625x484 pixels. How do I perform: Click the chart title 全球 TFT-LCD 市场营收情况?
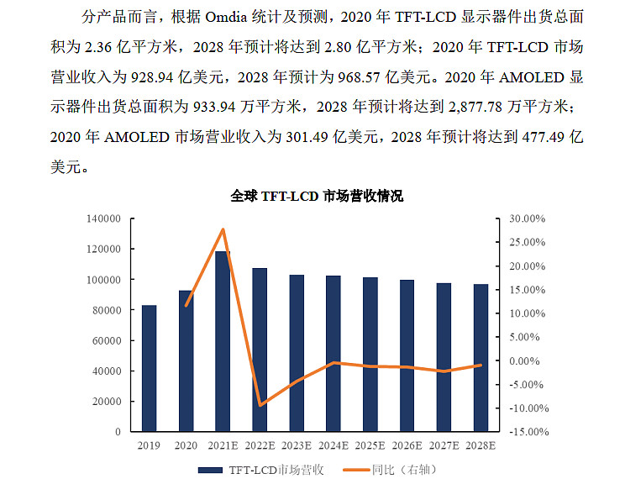click(x=317, y=197)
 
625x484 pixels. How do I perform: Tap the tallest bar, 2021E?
click(x=223, y=341)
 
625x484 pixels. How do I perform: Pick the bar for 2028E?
click(x=480, y=358)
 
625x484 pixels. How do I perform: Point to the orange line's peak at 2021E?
click(x=223, y=229)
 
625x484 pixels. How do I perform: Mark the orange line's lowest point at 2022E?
click(x=260, y=405)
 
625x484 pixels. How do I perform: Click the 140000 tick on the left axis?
click(x=109, y=218)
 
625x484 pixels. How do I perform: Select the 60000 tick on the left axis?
click(x=112, y=340)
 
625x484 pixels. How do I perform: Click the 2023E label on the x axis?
click(x=296, y=445)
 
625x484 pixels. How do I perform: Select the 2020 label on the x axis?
click(x=186, y=445)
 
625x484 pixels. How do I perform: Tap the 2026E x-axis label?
click(x=406, y=445)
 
